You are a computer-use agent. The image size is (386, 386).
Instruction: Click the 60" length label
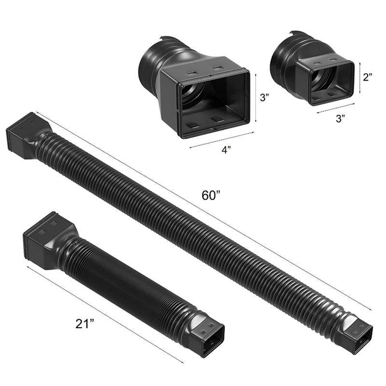click(210, 195)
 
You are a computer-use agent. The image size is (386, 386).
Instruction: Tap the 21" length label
click(85, 323)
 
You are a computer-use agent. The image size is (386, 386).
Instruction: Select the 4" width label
click(226, 150)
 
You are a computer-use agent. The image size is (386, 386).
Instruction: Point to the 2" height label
click(368, 77)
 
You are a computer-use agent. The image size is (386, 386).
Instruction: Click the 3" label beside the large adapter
click(265, 98)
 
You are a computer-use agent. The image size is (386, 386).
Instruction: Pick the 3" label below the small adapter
click(341, 119)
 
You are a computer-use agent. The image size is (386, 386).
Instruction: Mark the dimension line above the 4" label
click(221, 140)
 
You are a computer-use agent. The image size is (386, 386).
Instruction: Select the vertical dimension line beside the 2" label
click(360, 78)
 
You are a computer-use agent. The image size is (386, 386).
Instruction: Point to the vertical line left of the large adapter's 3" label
click(256, 97)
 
